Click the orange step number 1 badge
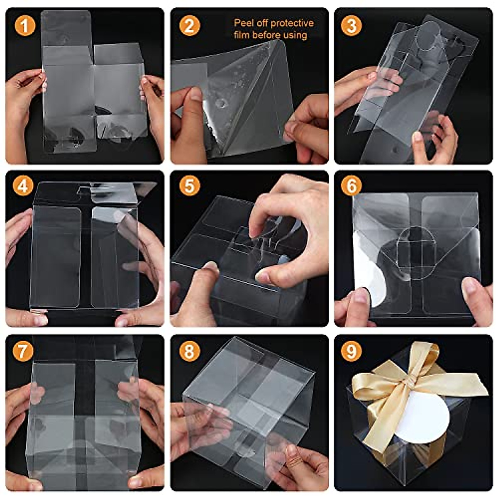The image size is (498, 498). coord(25,26)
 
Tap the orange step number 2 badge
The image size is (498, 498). coord(189,26)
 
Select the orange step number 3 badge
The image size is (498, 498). coord(351,26)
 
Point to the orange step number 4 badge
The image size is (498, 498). coord(23,186)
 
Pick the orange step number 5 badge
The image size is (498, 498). coord(189,186)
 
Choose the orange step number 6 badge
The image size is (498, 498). coord(351,186)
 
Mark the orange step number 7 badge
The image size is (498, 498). coord(23,351)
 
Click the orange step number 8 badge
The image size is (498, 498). coord(189,351)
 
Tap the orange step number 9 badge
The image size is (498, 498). coord(351,351)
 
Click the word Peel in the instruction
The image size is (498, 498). coord(243,23)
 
